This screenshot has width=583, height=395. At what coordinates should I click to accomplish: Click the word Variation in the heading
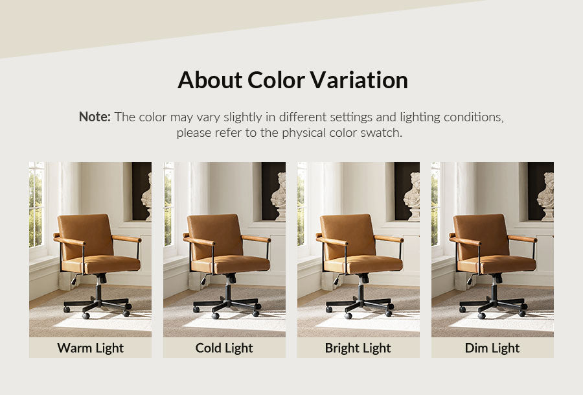[x=359, y=80]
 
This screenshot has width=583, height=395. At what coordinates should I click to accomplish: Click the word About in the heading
[x=210, y=80]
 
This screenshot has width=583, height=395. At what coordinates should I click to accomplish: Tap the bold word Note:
[x=95, y=117]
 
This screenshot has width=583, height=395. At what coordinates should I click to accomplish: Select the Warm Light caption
[x=90, y=348]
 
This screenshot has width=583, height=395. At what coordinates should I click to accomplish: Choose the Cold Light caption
[x=224, y=348]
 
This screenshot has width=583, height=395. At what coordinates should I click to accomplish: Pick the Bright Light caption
[x=358, y=348]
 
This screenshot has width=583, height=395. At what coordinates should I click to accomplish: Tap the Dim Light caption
[x=492, y=348]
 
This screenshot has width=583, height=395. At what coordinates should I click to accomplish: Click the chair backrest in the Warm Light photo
[x=85, y=235]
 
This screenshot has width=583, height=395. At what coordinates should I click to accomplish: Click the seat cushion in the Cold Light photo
[x=231, y=265]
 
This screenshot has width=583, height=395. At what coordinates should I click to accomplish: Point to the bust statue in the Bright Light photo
[x=413, y=196]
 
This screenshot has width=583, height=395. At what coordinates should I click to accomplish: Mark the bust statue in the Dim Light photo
[x=546, y=196]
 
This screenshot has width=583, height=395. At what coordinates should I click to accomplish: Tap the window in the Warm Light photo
[x=37, y=205]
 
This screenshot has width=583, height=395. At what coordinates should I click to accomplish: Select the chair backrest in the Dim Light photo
[x=481, y=235]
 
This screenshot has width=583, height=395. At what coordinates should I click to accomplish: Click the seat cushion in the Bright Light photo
[x=364, y=265]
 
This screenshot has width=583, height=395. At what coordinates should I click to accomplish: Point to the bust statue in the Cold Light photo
[x=279, y=196]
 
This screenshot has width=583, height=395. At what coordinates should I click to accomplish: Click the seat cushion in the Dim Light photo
[x=497, y=265]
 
